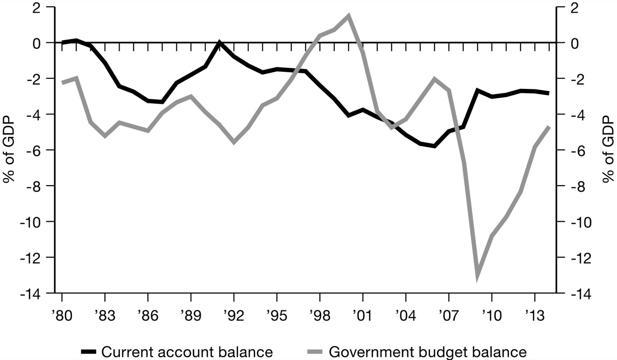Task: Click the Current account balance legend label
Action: coord(187,352)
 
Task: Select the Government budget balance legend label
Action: coord(427,352)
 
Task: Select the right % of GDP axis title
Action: coord(608,150)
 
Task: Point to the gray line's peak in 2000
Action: coord(349,16)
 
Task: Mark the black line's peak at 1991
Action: coord(220,42)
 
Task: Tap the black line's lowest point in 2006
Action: coord(435,146)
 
